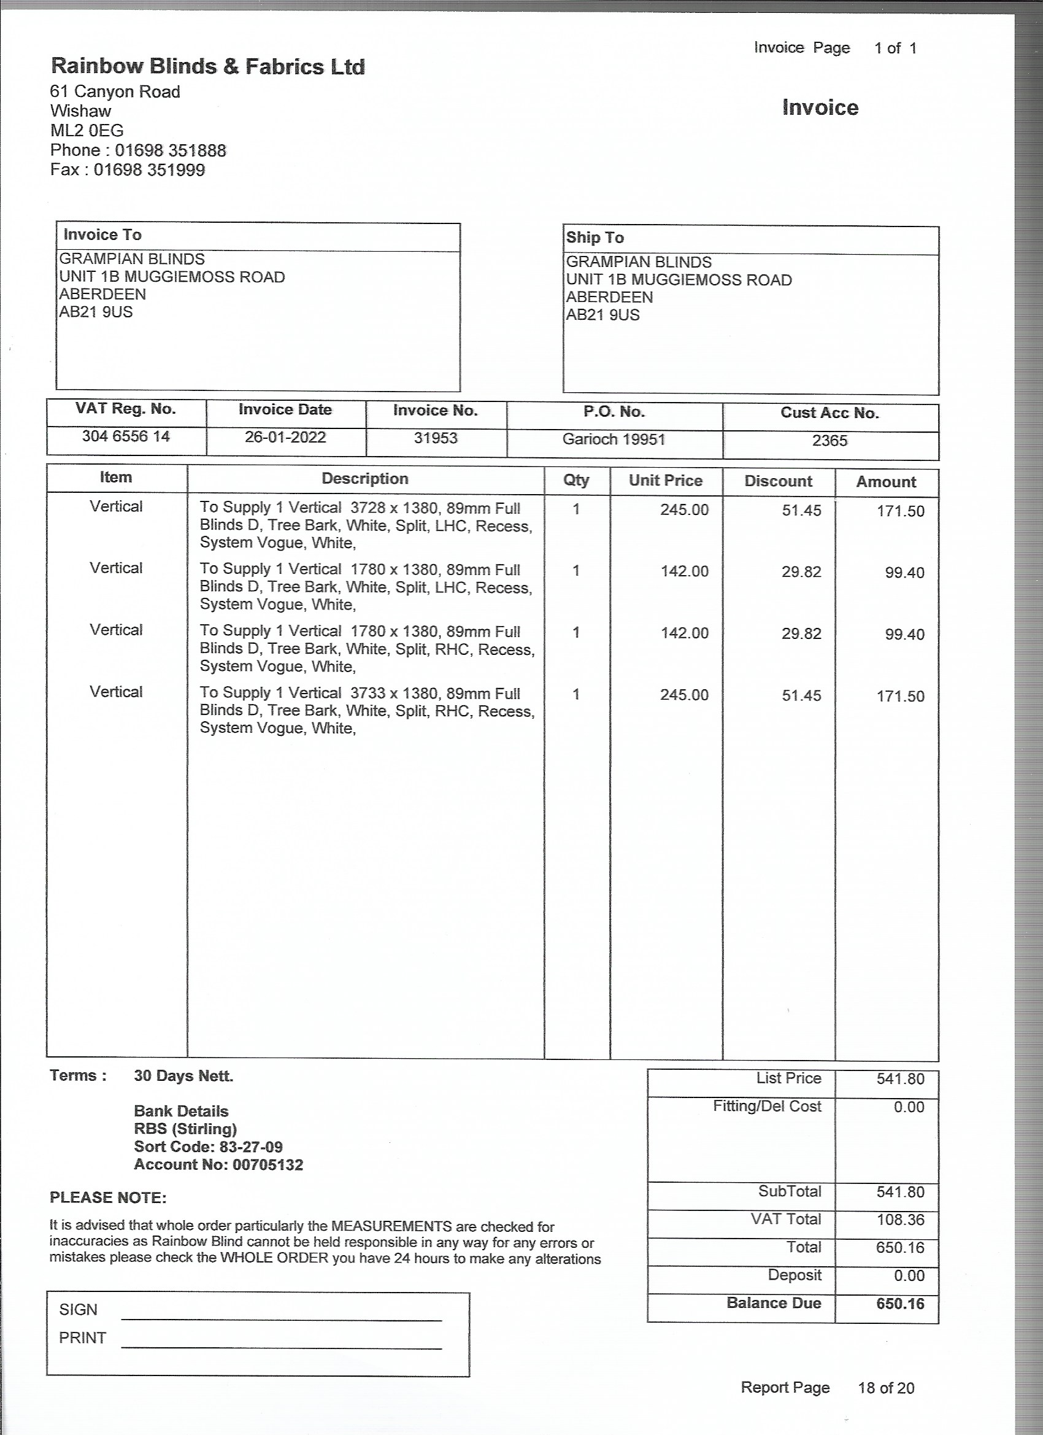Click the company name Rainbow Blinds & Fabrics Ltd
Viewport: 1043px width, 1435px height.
point(207,66)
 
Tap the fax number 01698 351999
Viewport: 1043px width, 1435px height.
point(149,169)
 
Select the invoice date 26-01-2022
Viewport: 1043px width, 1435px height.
point(285,437)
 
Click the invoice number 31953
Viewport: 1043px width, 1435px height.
point(435,438)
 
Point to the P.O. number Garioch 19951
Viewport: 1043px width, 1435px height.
point(614,439)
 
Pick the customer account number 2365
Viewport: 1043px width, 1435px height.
point(829,440)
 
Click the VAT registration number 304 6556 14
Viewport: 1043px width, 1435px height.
point(126,436)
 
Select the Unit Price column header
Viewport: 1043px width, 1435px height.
point(666,480)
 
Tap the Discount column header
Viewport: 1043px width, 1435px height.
point(778,481)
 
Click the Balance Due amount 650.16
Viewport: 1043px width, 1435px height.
point(900,1304)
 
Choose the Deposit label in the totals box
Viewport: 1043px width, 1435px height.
point(795,1275)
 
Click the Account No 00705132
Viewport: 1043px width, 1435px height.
point(268,1164)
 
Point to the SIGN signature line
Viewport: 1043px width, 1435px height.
point(281,1318)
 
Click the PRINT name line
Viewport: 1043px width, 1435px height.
point(281,1347)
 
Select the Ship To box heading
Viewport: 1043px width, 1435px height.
point(595,238)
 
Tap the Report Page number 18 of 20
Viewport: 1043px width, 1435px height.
point(885,1388)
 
